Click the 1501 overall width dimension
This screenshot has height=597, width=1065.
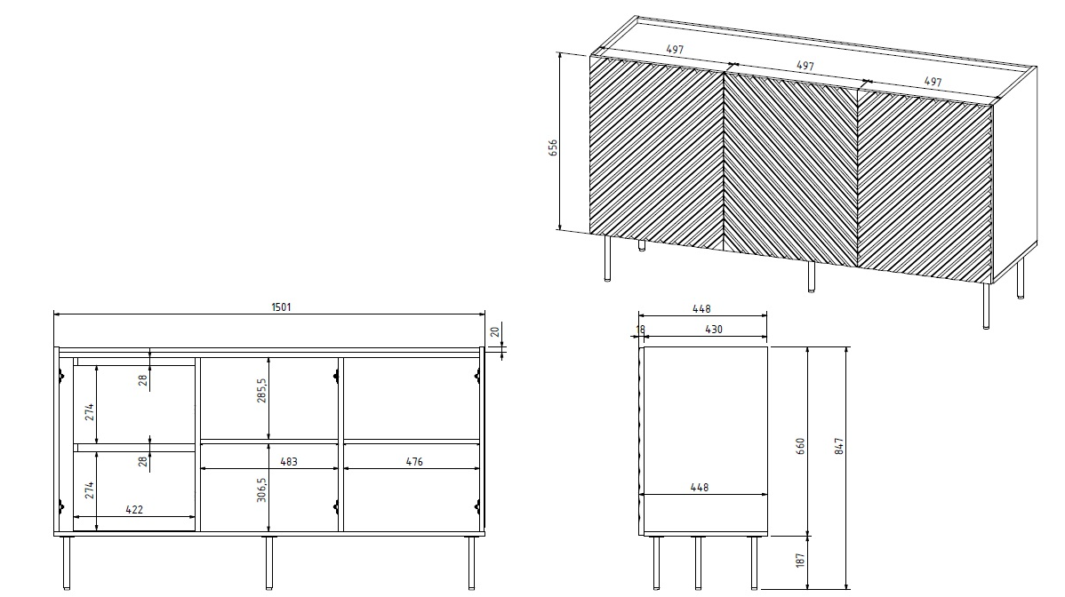pyautogui.click(x=281, y=307)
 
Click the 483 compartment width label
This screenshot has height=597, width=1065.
pyautogui.click(x=287, y=462)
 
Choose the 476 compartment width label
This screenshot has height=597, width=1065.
pyautogui.click(x=413, y=462)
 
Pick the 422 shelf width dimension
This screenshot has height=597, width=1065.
pyautogui.click(x=134, y=510)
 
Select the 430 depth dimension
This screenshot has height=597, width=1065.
pyautogui.click(x=713, y=330)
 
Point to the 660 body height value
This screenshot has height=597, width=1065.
pyautogui.click(x=800, y=444)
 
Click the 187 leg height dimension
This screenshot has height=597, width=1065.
pyautogui.click(x=800, y=561)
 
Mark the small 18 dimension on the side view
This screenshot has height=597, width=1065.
pyautogui.click(x=639, y=330)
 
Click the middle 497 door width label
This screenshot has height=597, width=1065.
pyautogui.click(x=805, y=66)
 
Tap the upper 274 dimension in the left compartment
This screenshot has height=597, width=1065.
pyautogui.click(x=90, y=411)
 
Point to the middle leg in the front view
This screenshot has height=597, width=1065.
pyautogui.click(x=268, y=562)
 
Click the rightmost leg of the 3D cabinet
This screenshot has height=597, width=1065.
pyautogui.click(x=1020, y=279)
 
